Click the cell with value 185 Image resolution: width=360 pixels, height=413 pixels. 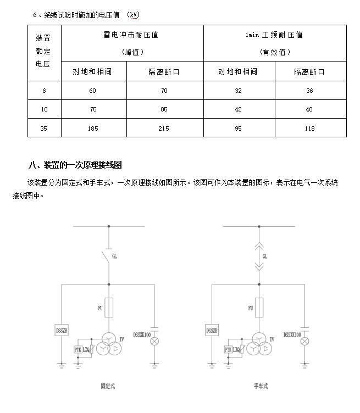tap(93, 129)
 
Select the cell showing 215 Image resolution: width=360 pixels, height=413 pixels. tap(164, 129)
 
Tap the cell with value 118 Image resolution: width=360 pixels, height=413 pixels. tap(309, 129)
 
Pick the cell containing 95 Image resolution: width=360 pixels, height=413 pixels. tap(238, 129)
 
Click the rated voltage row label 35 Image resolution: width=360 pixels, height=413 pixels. tap(44, 129)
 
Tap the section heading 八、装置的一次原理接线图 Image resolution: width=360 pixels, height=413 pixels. tap(75, 165)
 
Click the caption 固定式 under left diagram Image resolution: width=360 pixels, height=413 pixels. tap(108, 386)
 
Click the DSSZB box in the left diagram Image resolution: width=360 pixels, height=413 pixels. tap(61, 331)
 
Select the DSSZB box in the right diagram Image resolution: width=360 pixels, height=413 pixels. tap(212, 331)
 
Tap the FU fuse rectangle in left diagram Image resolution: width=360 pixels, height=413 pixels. tap(109, 308)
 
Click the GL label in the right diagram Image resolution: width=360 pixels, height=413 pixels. tap(265, 256)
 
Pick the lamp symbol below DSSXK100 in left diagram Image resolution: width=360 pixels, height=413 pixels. tap(154, 342)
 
